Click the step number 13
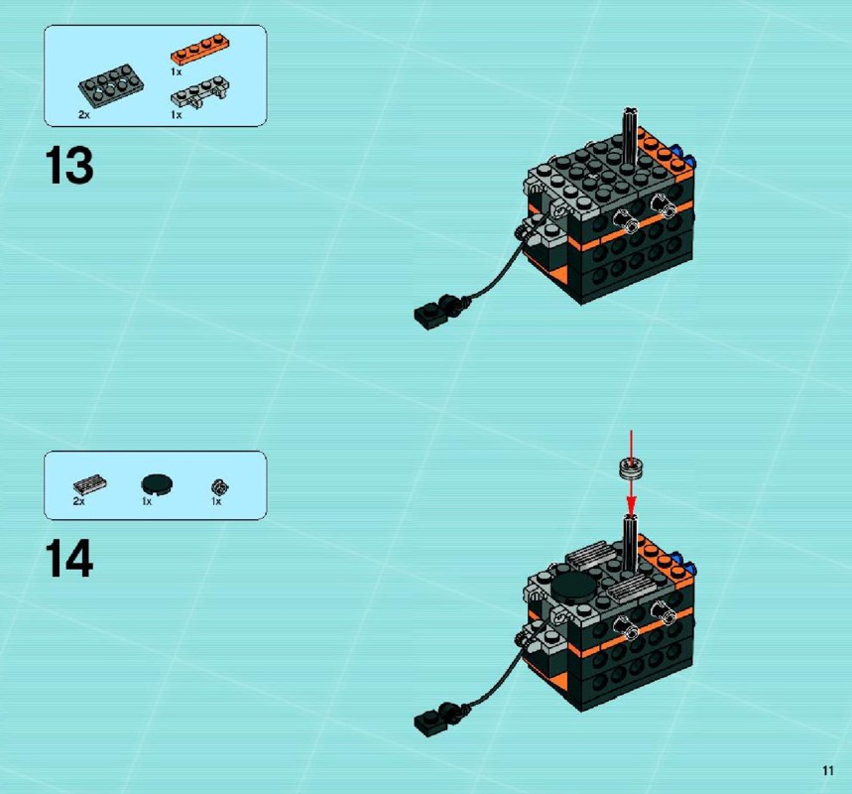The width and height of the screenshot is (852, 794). point(69,166)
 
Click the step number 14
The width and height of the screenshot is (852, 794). point(69,558)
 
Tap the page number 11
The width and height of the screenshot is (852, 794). point(827,770)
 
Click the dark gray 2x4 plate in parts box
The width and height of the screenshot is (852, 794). point(111,84)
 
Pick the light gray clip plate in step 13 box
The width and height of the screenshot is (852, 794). point(200,91)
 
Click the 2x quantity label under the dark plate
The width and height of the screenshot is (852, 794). point(83,115)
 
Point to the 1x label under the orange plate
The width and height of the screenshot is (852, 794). point(176,71)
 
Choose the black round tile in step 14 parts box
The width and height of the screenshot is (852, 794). point(157,483)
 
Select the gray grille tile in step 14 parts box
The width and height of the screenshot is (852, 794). point(89,484)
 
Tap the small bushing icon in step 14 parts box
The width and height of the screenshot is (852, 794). point(220,486)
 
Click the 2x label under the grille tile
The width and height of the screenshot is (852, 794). point(78,501)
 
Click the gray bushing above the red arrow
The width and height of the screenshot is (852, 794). point(631,468)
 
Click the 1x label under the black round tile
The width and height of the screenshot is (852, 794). point(147,501)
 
